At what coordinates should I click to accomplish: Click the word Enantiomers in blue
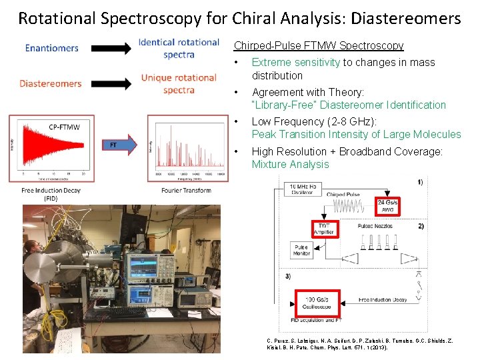(52, 48)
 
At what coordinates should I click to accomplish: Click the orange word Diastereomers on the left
(51, 84)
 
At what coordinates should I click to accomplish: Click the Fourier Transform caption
(187, 191)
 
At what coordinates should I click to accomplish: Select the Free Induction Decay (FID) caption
(51, 194)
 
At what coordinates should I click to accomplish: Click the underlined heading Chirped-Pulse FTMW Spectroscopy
(319, 46)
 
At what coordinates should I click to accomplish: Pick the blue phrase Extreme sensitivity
(296, 63)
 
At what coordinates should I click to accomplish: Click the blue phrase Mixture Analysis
(290, 165)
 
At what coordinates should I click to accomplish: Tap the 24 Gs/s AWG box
(388, 205)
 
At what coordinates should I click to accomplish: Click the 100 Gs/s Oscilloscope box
(318, 303)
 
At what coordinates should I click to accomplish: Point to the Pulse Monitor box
(301, 250)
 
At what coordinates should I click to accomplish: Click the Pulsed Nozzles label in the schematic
(375, 227)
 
